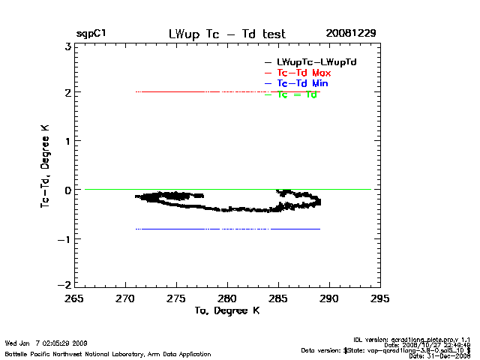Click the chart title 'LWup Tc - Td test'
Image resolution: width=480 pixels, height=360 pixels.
point(227,34)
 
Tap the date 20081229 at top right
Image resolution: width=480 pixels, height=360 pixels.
point(351,34)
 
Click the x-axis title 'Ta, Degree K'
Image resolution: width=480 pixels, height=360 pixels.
point(226,310)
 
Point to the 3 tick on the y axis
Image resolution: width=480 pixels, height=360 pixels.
point(67,46)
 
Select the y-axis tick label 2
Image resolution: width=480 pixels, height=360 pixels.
point(67,93)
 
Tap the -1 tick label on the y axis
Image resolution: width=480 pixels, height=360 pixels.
point(65,238)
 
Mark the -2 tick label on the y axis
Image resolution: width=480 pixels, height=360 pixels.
point(65,286)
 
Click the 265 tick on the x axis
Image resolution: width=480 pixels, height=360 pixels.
point(74,298)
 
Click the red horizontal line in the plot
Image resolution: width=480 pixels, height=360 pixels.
point(225,91)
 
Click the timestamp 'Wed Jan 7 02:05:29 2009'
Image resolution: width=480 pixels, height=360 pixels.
point(46,343)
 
